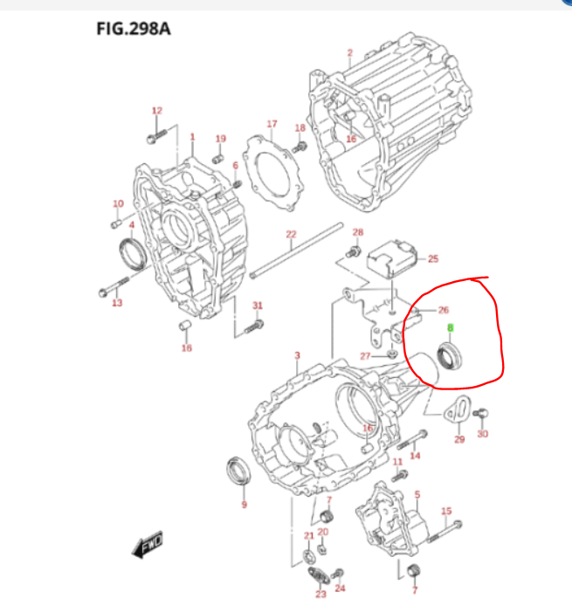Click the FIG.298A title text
[133, 30]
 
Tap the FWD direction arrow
[147, 545]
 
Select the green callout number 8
[451, 328]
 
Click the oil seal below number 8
[451, 356]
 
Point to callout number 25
[433, 258]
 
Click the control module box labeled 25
[391, 258]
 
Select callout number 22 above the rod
[292, 234]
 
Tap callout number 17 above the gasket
[272, 124]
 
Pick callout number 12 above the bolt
[157, 111]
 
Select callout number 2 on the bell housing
[349, 53]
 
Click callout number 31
[258, 305]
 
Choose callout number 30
[483, 434]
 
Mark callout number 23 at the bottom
[320, 595]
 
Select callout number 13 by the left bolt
[117, 303]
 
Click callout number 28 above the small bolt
[357, 232]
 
